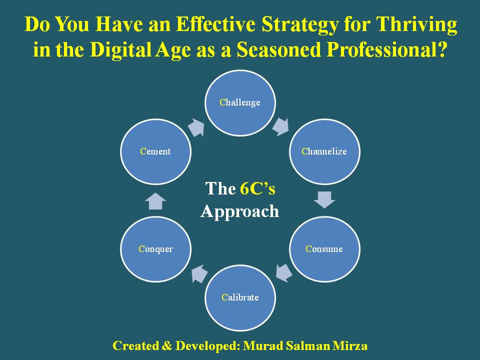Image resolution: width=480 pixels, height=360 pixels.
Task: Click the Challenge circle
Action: pyautogui.click(x=240, y=103)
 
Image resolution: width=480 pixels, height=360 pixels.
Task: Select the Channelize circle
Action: pyautogui.click(x=324, y=151)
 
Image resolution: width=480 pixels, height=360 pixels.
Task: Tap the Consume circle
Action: pyautogui.click(x=324, y=249)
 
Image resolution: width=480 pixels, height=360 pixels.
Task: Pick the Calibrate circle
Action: pyautogui.click(x=240, y=297)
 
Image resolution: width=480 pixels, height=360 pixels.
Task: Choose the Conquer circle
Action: pyautogui.click(x=156, y=249)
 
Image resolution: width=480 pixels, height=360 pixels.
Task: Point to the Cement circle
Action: pyautogui.click(x=156, y=151)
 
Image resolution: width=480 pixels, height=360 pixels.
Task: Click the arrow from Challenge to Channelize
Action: pyautogui.click(x=280, y=126)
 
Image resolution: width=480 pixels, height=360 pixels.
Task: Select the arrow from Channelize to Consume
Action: pyautogui.click(x=324, y=200)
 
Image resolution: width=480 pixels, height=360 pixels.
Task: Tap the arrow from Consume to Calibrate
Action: pyautogui.click(x=284, y=273)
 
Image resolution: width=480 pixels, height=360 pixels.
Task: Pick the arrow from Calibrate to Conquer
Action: pyautogui.click(x=199, y=273)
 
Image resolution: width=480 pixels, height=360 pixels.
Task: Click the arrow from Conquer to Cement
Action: pyautogui.click(x=155, y=201)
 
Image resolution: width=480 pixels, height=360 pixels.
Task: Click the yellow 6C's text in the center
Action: pyautogui.click(x=257, y=188)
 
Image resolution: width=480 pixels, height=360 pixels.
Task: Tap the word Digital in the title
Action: pyautogui.click(x=120, y=49)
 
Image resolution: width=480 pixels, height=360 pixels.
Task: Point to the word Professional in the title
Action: pyautogui.click(x=386, y=49)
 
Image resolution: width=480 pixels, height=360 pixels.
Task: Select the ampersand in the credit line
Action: pyautogui.click(x=166, y=346)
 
